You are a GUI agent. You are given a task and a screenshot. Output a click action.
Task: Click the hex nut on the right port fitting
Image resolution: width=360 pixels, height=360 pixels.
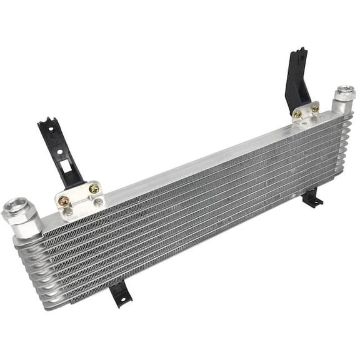pos(343,96)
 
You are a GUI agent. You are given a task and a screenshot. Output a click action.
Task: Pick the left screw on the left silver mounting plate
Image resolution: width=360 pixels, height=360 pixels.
pos(64,200)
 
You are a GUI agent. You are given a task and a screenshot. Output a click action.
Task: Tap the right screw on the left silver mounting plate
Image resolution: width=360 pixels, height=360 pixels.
pos(94,188)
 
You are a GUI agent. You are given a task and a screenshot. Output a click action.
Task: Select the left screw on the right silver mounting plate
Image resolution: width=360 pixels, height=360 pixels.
pos(298,114)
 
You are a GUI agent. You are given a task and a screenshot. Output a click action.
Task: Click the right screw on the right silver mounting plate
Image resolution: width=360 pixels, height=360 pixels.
pos(315,108)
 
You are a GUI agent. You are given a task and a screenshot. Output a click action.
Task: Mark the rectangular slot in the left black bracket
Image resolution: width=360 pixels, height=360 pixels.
pos(64,154)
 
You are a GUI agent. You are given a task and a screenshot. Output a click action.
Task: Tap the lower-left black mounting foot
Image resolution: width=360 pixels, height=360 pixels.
pos(119,292)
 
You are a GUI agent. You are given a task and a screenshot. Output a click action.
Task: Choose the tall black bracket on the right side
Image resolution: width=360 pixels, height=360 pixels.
pos(298,78)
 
